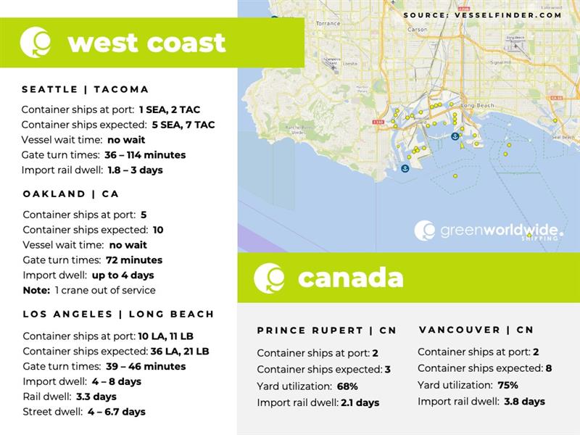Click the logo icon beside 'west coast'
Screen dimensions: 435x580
(x=36, y=42)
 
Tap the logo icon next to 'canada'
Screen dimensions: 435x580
(x=269, y=278)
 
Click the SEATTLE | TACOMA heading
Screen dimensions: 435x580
(x=85, y=89)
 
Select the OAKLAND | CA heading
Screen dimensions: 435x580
(x=70, y=194)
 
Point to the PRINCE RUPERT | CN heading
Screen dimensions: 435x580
(x=326, y=331)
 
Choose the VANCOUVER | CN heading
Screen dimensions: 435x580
(x=476, y=330)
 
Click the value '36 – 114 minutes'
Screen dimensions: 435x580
(x=145, y=155)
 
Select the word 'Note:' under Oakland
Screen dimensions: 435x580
(x=37, y=291)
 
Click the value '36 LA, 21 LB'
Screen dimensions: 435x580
(x=173, y=352)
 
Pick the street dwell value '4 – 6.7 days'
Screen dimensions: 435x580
(x=116, y=412)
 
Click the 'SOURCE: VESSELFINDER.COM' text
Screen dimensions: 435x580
(x=482, y=14)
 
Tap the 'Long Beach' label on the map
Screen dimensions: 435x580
(x=477, y=106)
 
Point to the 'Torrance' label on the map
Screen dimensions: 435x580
(x=328, y=24)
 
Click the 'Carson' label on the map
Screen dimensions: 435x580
(x=418, y=30)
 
